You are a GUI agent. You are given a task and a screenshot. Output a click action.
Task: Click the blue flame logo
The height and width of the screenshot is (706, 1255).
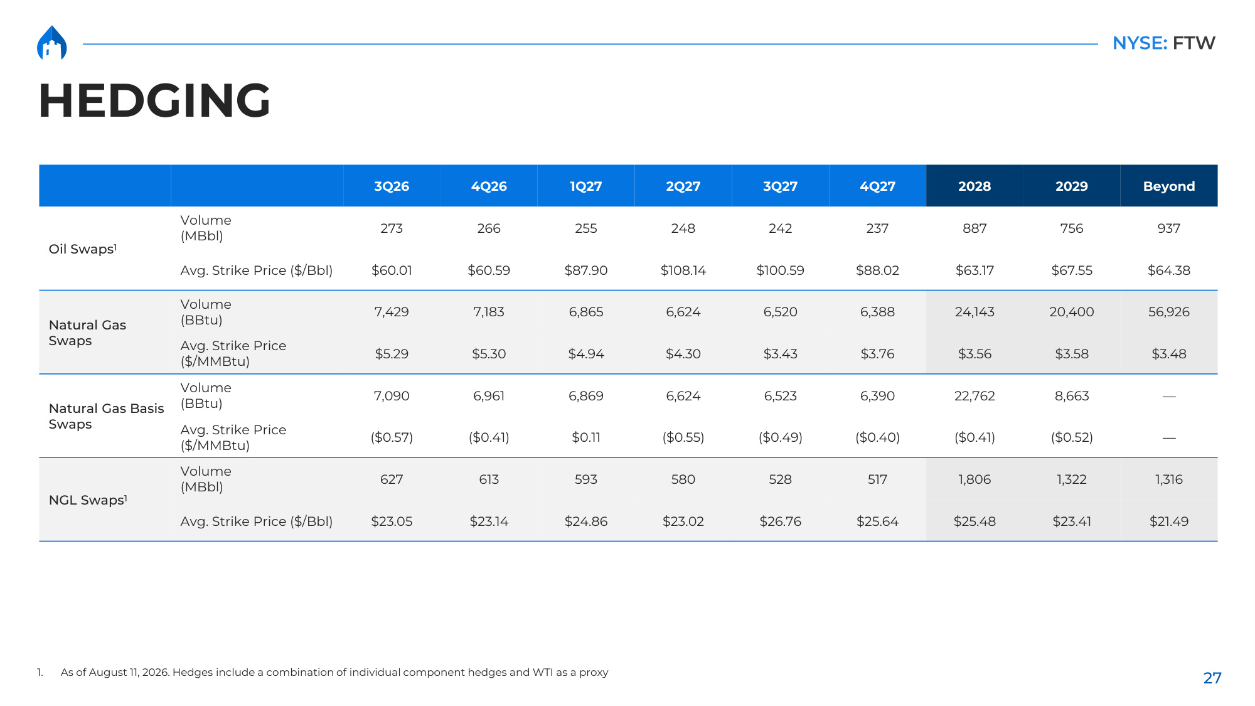click(x=52, y=43)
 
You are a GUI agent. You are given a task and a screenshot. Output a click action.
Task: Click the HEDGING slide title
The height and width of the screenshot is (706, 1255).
click(x=154, y=100)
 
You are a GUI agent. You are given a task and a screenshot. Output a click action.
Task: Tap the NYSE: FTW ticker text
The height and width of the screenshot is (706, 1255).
click(x=1163, y=43)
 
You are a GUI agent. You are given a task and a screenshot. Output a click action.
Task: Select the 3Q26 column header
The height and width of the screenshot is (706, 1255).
click(x=392, y=186)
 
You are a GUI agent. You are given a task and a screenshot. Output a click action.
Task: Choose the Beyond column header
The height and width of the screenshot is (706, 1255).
click(x=1168, y=186)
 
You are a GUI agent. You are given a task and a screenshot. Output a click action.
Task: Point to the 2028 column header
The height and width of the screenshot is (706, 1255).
click(x=975, y=186)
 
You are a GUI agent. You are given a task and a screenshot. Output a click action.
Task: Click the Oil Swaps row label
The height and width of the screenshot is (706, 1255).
click(x=83, y=249)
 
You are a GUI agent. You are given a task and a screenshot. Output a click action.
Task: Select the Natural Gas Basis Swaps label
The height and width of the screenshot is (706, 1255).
click(x=106, y=416)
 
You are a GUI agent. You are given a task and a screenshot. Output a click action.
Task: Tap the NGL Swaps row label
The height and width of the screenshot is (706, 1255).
click(x=88, y=500)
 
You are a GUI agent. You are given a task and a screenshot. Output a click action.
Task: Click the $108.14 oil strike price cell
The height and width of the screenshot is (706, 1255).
click(x=683, y=270)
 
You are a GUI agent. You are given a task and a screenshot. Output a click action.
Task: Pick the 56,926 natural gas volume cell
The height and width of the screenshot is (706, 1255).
click(x=1168, y=312)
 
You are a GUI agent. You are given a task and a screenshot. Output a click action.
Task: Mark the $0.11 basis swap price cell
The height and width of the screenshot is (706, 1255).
click(x=585, y=437)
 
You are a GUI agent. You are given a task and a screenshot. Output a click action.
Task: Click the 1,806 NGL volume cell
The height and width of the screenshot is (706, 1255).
click(x=975, y=479)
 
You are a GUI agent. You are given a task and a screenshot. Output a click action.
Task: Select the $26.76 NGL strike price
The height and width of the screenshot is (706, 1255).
click(x=780, y=521)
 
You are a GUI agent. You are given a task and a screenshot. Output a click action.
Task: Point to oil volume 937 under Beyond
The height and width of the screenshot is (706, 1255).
click(x=1168, y=228)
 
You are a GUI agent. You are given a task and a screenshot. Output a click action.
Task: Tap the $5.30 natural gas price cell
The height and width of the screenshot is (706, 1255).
click(x=489, y=354)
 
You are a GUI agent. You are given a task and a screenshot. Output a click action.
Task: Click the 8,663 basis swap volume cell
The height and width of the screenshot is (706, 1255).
click(x=1072, y=396)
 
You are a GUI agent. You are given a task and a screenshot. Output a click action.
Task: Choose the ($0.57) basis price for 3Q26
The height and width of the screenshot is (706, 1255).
click(x=392, y=437)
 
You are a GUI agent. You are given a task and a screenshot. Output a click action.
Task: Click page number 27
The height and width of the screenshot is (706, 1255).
click(x=1212, y=678)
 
